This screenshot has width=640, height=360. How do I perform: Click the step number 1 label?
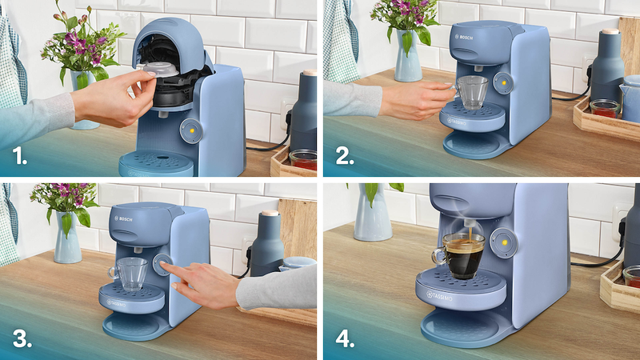coord(19,155)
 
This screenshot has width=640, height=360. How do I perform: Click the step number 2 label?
coord(345,155)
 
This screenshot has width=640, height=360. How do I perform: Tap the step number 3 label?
coord(22,338)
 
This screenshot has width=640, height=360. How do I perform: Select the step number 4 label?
coord(345,338)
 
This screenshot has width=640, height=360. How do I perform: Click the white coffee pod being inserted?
coord(161,69)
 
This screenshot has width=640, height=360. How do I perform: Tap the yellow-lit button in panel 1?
coord(190,131)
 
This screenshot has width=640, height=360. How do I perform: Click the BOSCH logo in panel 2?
coord(464,37)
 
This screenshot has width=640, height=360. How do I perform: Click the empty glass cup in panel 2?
coord(471,93)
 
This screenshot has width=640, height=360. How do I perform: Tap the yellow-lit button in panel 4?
coord(503,243)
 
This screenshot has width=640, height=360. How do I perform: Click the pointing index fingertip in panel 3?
coord(163,264)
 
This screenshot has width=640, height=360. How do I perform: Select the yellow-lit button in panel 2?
coord(503,83)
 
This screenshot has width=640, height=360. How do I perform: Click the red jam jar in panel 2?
coord(605,109)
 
